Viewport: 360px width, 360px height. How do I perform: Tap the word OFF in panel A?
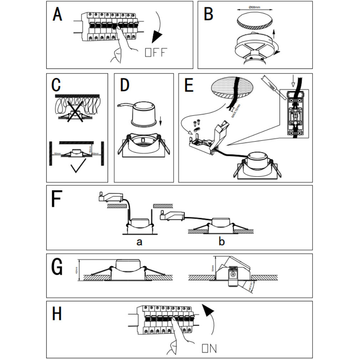(x=156, y=52)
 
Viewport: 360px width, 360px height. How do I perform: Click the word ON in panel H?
(x=209, y=348)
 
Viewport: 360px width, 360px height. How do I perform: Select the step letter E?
(x=189, y=86)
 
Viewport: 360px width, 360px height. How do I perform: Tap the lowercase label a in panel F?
(x=139, y=242)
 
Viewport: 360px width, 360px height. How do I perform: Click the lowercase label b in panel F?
(x=222, y=242)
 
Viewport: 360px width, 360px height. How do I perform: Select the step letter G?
(x=57, y=268)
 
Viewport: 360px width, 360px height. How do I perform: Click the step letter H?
(x=57, y=314)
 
